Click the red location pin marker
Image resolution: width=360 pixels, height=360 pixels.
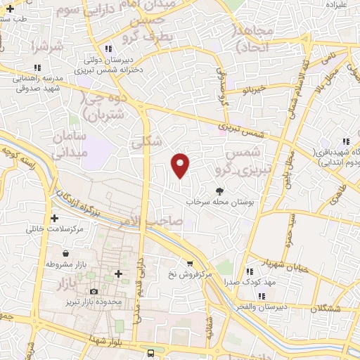[181, 165]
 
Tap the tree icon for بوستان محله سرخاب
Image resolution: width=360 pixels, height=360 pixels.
[220, 191]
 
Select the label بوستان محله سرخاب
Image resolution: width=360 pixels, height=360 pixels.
[227, 202]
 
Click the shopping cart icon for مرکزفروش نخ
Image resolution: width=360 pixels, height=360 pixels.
[189, 264]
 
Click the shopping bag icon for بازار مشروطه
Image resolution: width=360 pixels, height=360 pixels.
[65, 253]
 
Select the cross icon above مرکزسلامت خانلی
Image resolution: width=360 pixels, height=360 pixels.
[54, 218]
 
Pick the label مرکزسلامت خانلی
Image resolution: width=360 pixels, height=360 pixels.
[55, 229]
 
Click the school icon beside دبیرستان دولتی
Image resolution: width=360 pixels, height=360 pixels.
[108, 49]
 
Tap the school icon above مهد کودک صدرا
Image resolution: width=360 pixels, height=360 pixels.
[249, 271]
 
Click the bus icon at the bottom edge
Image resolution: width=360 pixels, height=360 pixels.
[150, 352]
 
